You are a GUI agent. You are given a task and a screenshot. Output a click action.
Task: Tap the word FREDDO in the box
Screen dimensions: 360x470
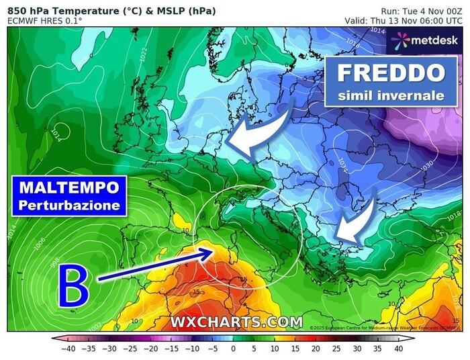click(391, 73)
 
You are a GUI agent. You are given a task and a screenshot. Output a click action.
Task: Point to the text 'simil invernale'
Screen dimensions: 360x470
click(391, 95)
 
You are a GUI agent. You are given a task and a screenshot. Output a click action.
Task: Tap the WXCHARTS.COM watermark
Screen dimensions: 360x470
click(236, 322)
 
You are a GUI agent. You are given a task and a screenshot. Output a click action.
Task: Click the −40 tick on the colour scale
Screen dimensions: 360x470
click(68, 349)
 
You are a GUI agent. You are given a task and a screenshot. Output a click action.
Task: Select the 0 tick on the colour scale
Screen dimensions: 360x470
click(233, 349)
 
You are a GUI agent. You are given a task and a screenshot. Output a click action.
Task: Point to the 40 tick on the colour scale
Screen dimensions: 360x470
click(397, 349)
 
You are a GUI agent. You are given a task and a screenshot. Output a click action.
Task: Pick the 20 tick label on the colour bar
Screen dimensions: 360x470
click(316, 349)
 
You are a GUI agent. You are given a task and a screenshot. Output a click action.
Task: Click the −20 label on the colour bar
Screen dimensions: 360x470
click(150, 349)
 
